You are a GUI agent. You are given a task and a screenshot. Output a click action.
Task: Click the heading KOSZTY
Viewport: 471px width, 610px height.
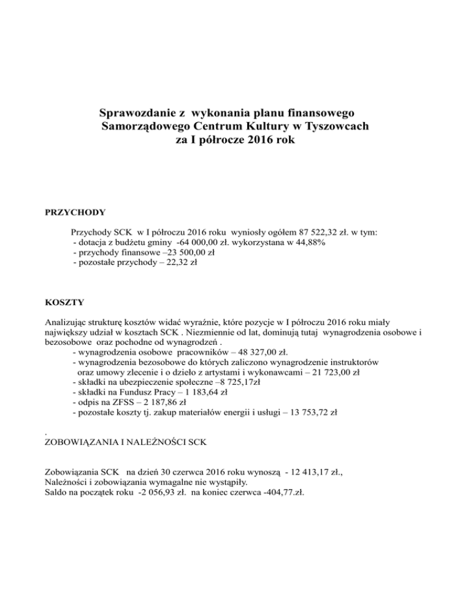coord(65,302)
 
